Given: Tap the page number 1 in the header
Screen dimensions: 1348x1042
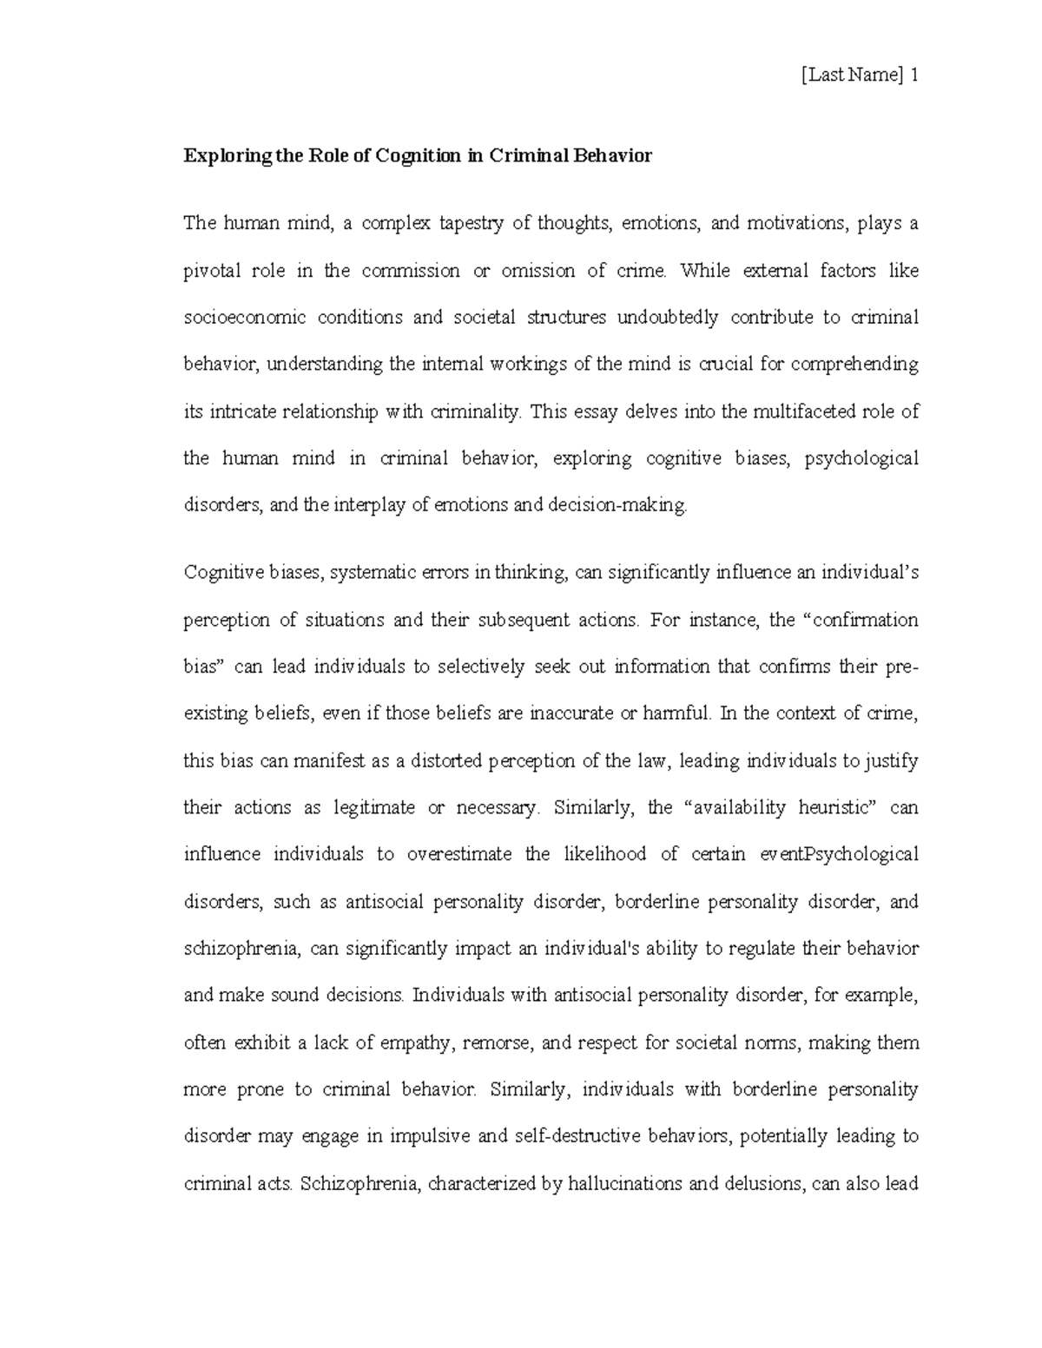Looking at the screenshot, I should (913, 76).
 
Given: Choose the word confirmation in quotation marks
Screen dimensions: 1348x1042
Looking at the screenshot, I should (862, 620).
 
